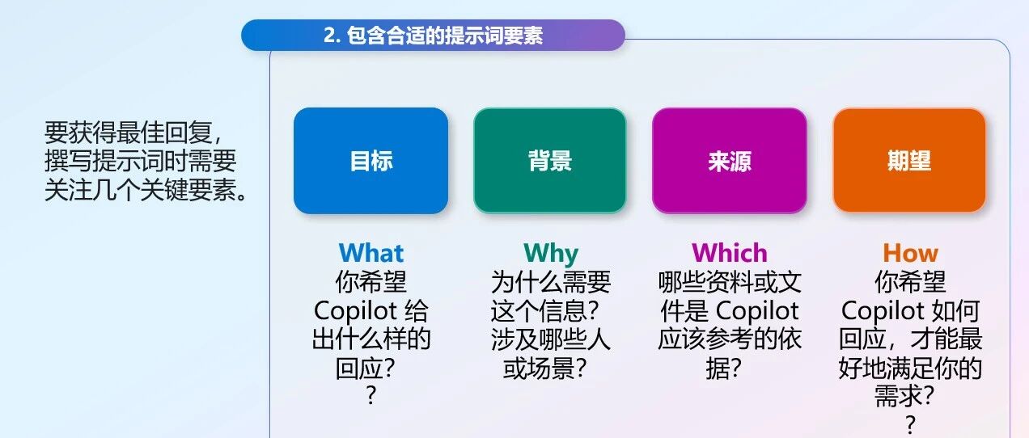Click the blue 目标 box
point(371,161)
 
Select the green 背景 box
point(550,161)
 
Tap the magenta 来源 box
point(730,161)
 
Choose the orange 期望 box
point(909,161)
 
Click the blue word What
point(371,253)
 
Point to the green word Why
point(551,254)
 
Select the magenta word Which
point(730,253)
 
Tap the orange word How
point(910,253)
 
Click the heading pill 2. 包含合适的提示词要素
point(433,36)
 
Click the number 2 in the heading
point(330,36)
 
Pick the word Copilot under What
point(355,311)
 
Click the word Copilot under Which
point(757,311)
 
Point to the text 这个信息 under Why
point(539,311)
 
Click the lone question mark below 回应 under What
point(371,395)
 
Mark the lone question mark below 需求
point(910,425)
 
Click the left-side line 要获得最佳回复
point(133,133)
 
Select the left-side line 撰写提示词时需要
point(141,161)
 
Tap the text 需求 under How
point(898,396)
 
